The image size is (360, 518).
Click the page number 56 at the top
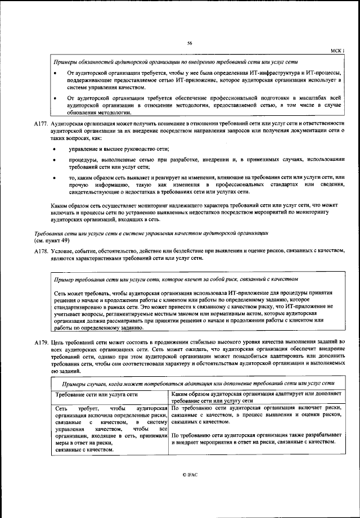point(190,43)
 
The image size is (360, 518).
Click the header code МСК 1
point(336,51)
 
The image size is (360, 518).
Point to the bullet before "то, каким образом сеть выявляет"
point(54,177)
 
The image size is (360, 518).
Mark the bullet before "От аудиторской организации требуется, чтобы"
point(54,74)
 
